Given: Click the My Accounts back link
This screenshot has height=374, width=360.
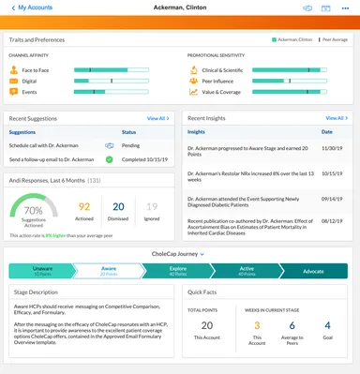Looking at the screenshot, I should click(32, 7).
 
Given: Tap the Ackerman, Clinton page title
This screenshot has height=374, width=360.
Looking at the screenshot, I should click(178, 7).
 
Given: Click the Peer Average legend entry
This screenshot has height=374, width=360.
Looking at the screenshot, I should click(332, 40).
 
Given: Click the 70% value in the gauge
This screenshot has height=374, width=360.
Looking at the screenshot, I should click(34, 210).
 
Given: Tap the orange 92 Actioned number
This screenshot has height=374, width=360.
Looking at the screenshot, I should click(84, 206).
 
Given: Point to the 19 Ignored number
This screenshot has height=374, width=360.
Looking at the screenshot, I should click(152, 206).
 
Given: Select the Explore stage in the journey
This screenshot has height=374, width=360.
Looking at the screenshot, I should click(177, 271).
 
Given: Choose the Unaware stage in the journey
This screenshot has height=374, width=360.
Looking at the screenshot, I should click(42, 271).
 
